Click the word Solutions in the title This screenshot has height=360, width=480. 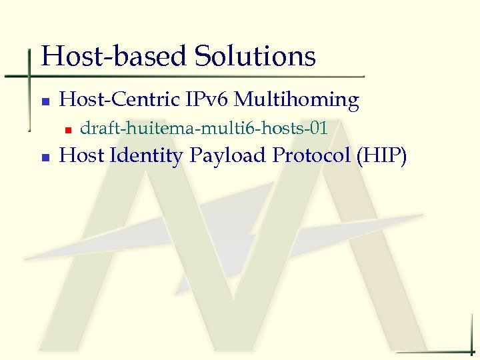[255, 57]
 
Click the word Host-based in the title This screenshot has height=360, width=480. [115, 57]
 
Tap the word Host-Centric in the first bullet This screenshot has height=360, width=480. [115, 100]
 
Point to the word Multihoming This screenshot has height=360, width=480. [297, 100]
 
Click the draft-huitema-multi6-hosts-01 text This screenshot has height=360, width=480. [204, 128]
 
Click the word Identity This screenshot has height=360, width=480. [145, 156]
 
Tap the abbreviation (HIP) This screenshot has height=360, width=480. [381, 156]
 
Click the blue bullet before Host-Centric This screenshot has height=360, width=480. [45, 102]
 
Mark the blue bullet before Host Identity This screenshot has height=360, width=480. [45, 158]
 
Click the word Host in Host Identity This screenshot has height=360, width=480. [82, 156]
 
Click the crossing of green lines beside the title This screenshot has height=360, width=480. [30, 76]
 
